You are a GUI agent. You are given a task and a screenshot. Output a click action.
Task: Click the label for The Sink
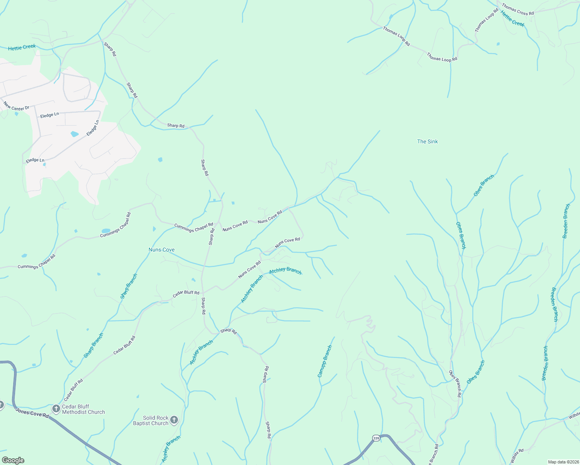[x=427, y=142]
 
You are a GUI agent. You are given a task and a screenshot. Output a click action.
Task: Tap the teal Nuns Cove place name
[x=161, y=250]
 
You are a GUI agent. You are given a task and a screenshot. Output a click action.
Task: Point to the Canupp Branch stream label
[x=325, y=361]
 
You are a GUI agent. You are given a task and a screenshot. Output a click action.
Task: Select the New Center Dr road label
[x=16, y=106]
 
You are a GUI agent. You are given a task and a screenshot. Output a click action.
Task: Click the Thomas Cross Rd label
[x=518, y=9]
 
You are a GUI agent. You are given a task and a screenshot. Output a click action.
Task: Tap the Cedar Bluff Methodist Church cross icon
[x=56, y=409]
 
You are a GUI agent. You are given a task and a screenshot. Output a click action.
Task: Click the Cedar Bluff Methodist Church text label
[x=83, y=410]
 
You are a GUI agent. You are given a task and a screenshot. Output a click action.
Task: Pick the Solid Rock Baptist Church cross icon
[x=174, y=420]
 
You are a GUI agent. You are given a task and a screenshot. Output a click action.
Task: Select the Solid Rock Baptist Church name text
[x=151, y=421]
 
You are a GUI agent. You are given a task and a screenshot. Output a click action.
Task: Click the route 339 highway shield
[x=376, y=438]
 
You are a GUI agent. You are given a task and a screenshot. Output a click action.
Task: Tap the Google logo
[x=13, y=460]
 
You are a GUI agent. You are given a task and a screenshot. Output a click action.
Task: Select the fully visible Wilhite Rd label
[x=517, y=456]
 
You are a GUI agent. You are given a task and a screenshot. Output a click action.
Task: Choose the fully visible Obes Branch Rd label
[x=455, y=384]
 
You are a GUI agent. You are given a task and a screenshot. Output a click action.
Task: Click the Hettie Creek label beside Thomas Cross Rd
[x=512, y=19]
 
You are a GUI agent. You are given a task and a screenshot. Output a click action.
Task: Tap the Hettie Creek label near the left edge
[x=22, y=47]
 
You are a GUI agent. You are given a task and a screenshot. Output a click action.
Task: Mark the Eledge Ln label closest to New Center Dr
[x=50, y=115]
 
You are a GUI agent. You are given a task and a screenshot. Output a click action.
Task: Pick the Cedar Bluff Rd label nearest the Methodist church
[x=73, y=390]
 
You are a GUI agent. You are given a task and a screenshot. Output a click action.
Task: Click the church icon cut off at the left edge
[x=1, y=405]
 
